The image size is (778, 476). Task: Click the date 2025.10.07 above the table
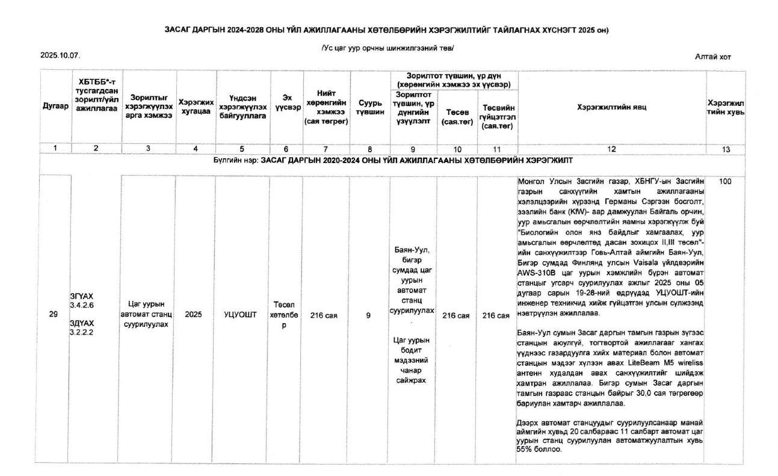coord(60,55)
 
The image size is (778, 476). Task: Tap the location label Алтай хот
coord(713,57)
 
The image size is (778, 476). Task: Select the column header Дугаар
coord(54,106)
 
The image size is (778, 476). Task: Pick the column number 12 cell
coord(611,150)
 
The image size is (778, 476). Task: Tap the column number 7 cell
coord(325,150)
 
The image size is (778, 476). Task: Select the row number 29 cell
coord(54,314)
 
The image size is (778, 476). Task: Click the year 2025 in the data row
coord(193,314)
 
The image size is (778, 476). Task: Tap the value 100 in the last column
coord(724,181)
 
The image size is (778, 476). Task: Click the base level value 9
coord(368,314)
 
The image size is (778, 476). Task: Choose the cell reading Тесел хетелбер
coord(286,314)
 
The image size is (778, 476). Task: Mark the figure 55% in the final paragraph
coord(525,450)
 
